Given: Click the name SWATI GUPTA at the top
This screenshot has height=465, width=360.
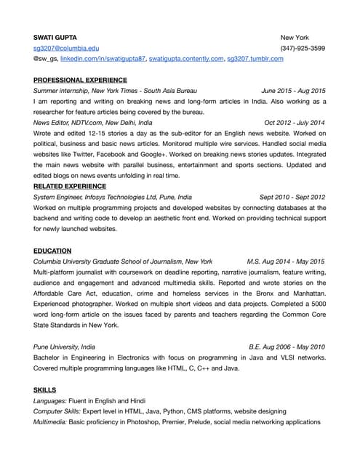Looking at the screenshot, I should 55,37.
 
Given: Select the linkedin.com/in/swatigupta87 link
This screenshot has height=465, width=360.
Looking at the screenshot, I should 103,58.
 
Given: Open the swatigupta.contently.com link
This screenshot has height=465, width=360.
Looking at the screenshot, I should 185,58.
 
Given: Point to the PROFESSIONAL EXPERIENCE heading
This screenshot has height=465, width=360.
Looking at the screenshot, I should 80,80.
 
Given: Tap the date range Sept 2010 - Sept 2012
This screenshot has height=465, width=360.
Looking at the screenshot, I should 292,197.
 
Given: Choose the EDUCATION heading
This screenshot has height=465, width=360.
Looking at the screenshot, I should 52,251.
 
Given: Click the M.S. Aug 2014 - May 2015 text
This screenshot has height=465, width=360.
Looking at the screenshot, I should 286,261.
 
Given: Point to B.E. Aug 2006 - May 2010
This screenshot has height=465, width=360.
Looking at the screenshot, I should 287,347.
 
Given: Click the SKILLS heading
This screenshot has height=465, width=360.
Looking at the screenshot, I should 44,389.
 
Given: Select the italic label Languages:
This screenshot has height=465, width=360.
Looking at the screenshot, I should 52,400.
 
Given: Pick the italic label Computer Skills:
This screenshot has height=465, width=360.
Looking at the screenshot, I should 59,411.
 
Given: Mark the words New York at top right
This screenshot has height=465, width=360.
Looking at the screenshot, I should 295,37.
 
